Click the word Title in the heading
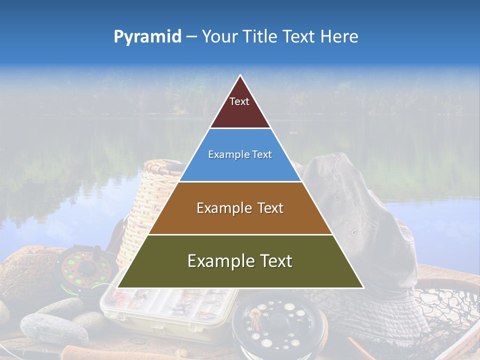coord(259,37)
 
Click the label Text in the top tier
coord(239,101)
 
